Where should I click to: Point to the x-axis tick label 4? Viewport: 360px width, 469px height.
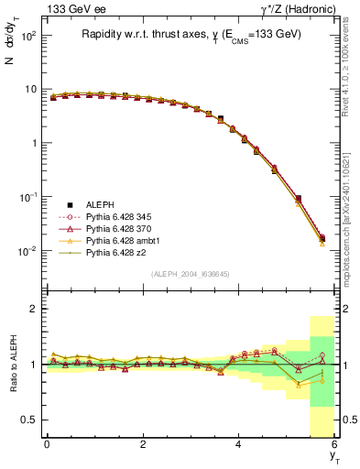238,445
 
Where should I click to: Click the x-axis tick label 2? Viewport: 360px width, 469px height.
143,445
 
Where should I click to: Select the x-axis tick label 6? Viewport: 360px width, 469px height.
334,445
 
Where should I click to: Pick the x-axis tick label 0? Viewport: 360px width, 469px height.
47,445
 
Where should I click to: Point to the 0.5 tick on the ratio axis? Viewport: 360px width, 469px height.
28,420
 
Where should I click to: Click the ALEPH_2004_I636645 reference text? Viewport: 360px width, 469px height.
190,274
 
